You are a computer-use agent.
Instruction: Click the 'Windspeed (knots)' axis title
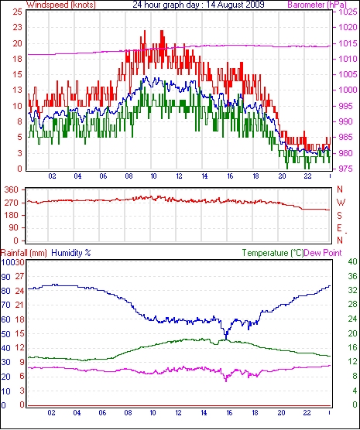(61, 5)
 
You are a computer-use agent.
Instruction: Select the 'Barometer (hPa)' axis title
(317, 5)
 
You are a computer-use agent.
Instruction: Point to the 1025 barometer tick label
(348, 12)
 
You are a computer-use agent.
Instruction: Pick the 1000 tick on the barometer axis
(348, 90)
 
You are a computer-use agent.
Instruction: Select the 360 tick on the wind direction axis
(12, 189)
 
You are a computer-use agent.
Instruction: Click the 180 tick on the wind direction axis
(12, 215)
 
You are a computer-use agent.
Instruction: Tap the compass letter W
(341, 203)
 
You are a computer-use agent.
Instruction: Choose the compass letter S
(340, 216)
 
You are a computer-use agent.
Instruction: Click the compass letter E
(340, 228)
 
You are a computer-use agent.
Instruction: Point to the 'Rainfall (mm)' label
(24, 253)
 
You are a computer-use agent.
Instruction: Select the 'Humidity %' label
(71, 253)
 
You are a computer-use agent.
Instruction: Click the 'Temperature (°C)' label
(273, 253)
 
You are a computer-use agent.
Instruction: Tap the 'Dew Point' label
(323, 253)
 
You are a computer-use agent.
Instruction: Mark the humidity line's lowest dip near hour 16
(226, 339)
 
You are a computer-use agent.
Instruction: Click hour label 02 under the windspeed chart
(52, 176)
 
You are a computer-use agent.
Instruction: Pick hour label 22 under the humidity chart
(307, 413)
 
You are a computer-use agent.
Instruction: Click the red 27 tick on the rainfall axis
(19, 276)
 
